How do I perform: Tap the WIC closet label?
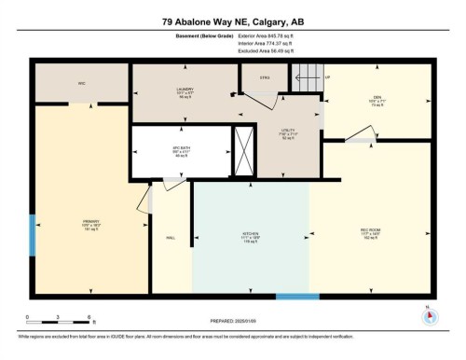click(x=81, y=83)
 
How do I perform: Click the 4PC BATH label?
click(x=181, y=152)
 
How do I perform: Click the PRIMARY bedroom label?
click(x=89, y=223)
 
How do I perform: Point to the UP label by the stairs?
click(x=327, y=76)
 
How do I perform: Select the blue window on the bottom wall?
click(x=297, y=297)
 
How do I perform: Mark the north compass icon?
click(x=428, y=314)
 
